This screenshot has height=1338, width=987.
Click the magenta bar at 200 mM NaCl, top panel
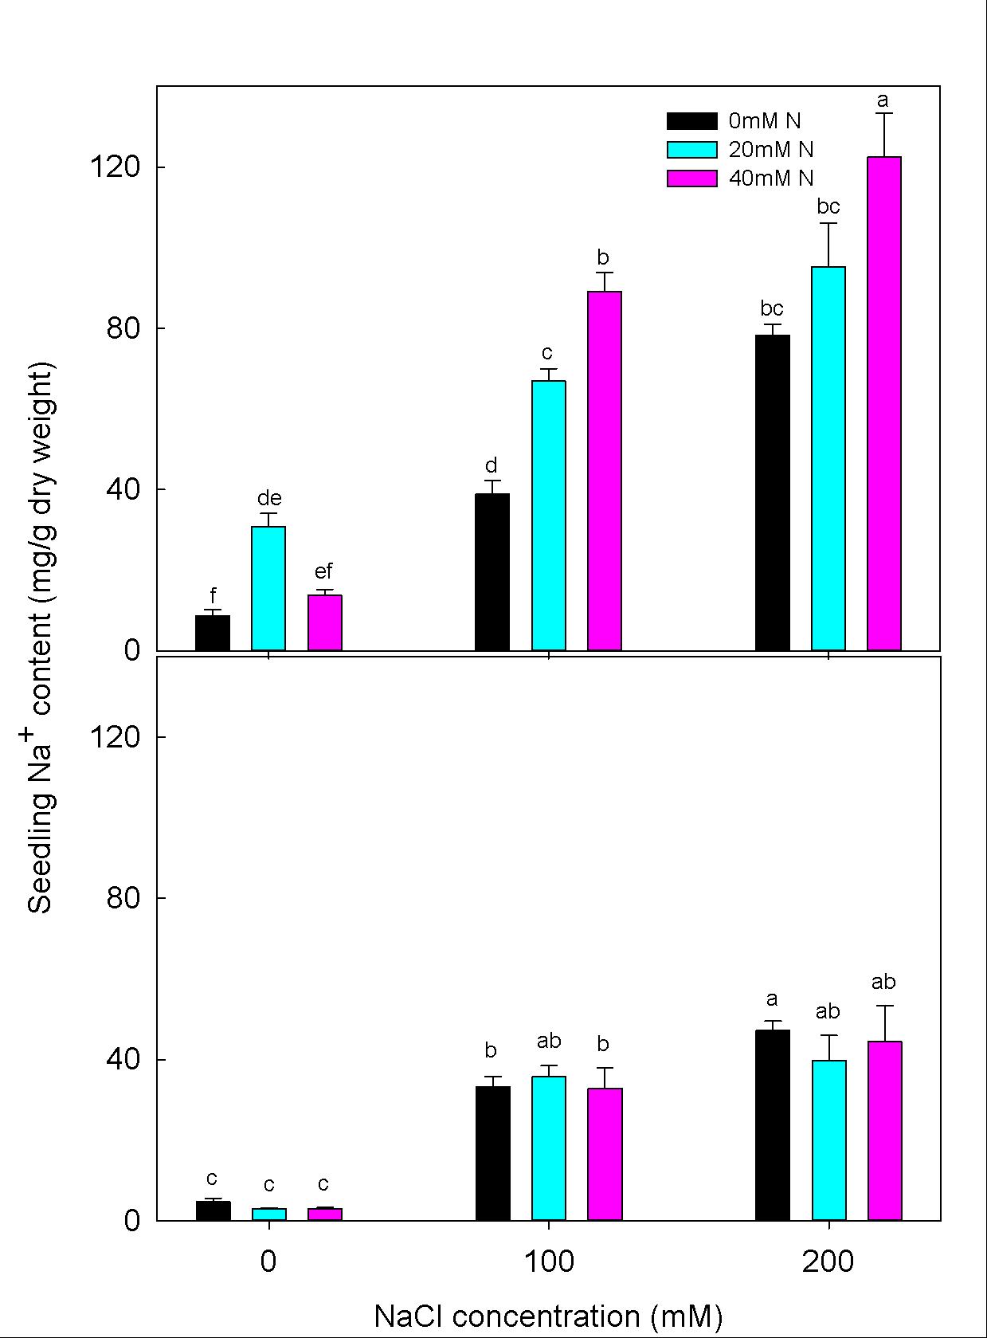click(884, 403)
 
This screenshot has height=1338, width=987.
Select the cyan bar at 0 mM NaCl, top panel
click(268, 588)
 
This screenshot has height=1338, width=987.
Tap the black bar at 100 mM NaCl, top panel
click(492, 571)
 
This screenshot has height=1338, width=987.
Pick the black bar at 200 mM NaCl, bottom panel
click(772, 1124)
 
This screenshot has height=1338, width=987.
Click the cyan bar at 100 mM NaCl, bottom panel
click(549, 1148)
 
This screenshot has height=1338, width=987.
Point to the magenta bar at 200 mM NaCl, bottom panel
click(884, 1130)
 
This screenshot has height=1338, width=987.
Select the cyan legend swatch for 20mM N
click(691, 150)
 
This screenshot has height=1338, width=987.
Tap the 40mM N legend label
click(771, 179)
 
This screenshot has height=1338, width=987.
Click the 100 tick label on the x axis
click(549, 1261)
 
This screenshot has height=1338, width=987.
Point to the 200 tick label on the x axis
click(828, 1261)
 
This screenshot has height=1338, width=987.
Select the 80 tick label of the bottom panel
click(123, 898)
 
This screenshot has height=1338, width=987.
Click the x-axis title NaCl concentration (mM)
click(548, 1316)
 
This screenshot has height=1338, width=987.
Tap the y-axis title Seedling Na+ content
click(41, 638)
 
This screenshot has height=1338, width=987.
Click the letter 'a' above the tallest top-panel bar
click(883, 100)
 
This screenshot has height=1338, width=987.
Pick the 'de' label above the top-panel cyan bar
click(269, 499)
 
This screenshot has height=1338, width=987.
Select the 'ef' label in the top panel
click(323, 571)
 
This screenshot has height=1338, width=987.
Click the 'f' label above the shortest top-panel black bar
click(213, 595)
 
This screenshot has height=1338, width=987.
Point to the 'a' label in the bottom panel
click(771, 999)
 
